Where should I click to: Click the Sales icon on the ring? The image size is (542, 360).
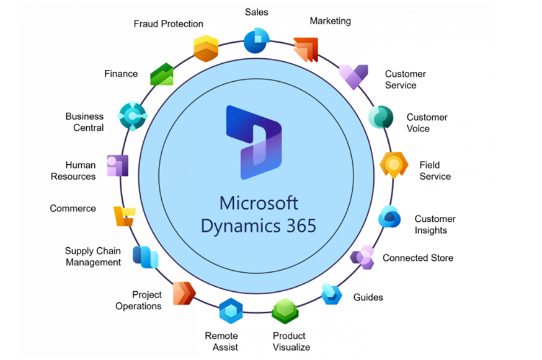click(256, 40)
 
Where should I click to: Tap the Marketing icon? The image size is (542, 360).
click(306, 50)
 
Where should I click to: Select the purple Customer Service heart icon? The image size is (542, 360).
click(353, 77)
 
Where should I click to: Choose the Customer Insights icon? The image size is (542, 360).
click(390, 217)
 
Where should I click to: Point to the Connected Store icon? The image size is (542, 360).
click(362, 257)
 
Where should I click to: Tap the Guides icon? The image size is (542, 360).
click(332, 294)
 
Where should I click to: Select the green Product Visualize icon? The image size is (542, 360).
click(285, 310)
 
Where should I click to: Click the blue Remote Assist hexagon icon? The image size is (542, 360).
click(231, 310)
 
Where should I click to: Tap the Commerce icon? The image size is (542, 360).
click(124, 216)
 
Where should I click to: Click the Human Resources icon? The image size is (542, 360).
click(117, 165)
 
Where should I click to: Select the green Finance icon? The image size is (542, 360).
click(162, 74)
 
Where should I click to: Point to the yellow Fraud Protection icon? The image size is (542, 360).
click(206, 48)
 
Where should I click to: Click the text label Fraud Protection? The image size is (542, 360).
click(168, 24)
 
